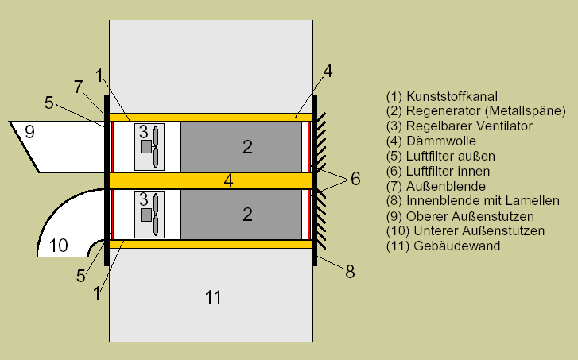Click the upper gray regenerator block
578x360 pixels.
tap(242, 145)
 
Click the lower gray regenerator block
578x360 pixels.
tap(242, 214)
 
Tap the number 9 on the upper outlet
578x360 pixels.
tap(29, 131)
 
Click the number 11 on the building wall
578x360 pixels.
tap(212, 298)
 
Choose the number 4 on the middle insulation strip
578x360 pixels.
tap(228, 180)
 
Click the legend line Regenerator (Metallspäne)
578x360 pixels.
tap(475, 110)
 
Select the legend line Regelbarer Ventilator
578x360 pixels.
tap(459, 126)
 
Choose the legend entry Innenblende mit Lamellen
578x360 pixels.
tap(473, 201)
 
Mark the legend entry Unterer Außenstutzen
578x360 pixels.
tap(464, 231)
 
